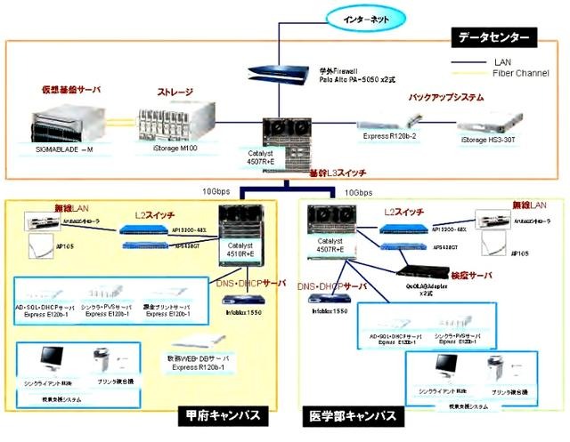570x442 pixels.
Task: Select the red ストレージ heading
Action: [x=175, y=92]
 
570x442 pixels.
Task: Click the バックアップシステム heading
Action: [x=446, y=96]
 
